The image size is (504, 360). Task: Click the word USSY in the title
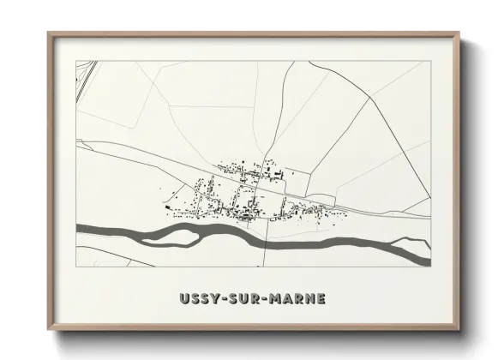pyautogui.click(x=199, y=299)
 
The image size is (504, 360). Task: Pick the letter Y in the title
pyautogui.click(x=214, y=299)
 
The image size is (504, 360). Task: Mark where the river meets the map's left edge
pyautogui.click(x=78, y=228)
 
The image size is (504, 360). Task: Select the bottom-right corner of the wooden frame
pyautogui.click(x=461, y=329)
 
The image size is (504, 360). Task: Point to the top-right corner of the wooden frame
pyautogui.click(x=461, y=33)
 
